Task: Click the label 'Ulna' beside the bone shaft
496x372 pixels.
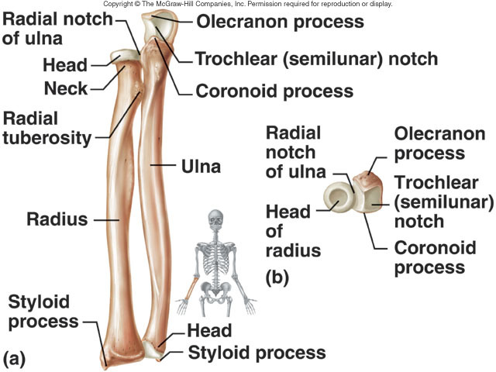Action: [x=201, y=165]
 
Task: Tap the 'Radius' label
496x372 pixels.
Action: [x=57, y=219]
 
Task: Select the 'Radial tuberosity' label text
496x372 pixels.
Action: [x=45, y=129]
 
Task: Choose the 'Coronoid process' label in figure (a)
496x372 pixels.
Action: [x=274, y=91]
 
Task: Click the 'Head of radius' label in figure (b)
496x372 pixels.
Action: [x=292, y=230]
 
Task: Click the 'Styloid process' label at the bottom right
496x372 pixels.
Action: [x=257, y=353]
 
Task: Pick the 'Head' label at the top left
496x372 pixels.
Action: [x=66, y=66]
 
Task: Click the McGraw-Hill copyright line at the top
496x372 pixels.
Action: [x=247, y=4]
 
